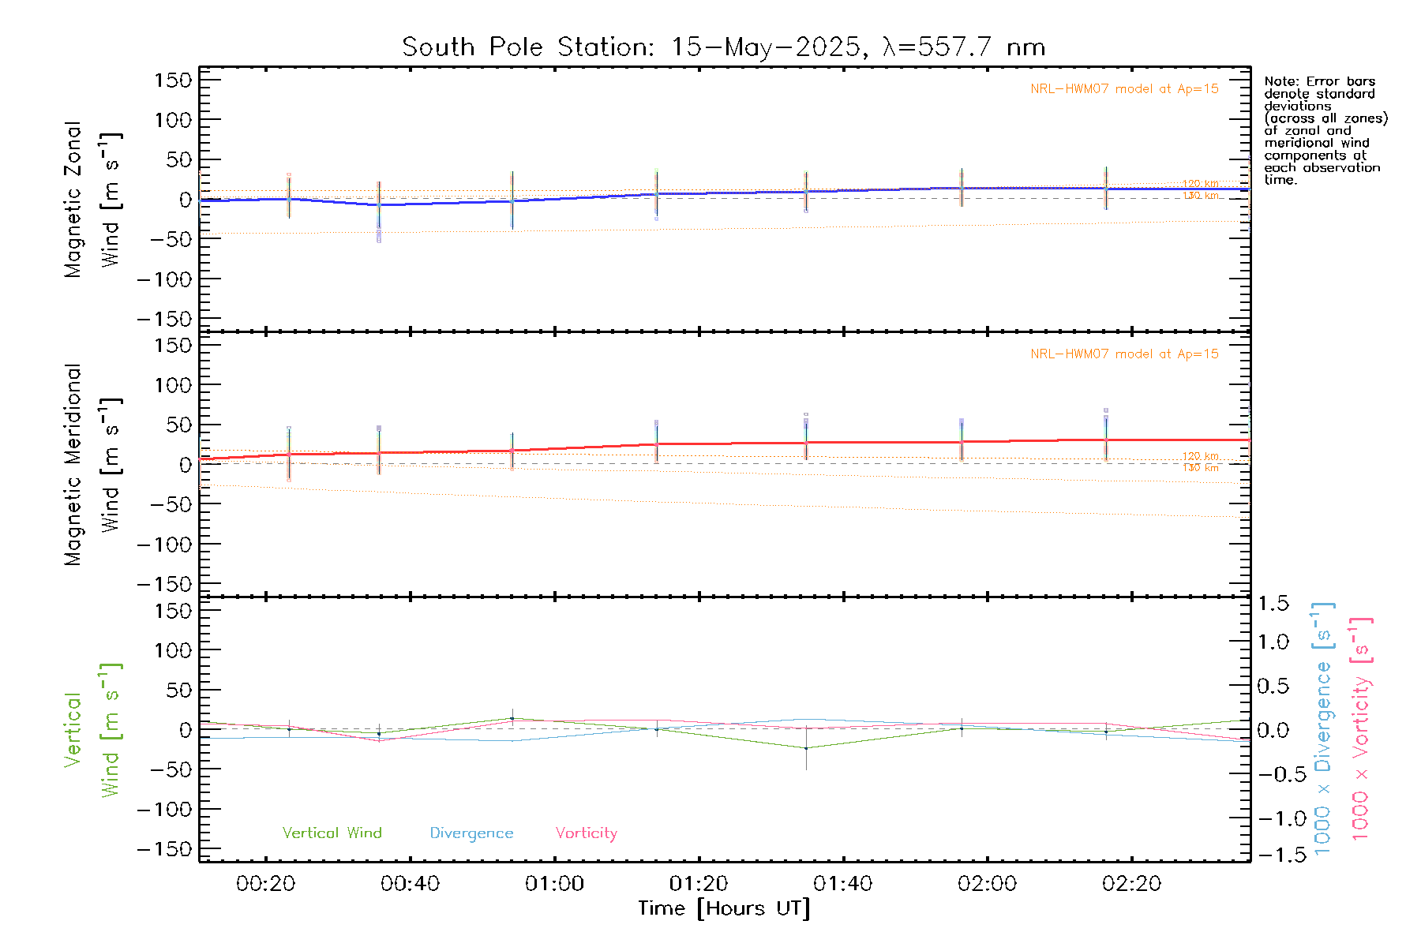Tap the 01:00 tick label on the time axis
coord(554,884)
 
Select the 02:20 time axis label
coord(1131,884)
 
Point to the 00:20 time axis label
coord(265,884)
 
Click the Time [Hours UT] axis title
coord(724,908)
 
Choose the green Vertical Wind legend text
coord(332,833)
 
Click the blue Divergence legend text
coord(471,833)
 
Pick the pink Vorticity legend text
coord(586,833)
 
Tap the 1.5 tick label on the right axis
coord(1273,604)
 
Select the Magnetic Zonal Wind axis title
coord(92,199)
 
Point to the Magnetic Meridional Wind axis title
coord(92,466)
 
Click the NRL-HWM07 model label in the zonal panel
coord(1124,88)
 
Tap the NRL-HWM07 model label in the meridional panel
coord(1124,354)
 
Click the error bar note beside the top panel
coord(1325,130)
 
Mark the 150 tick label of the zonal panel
coord(173,80)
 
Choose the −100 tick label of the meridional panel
coord(164,545)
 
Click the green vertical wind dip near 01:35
coord(806,748)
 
